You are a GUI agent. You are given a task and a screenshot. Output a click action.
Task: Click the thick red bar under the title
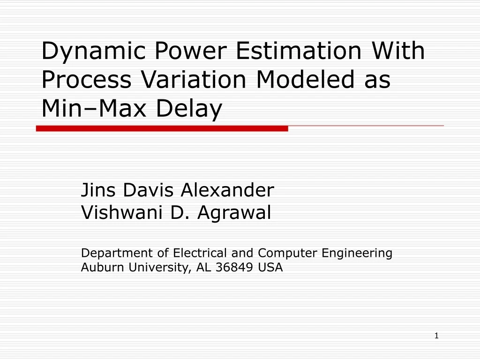[162, 128]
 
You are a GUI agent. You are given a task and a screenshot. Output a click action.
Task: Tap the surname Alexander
[227, 190]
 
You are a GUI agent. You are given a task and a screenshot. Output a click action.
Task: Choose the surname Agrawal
[234, 213]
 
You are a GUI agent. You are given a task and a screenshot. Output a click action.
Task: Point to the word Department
[118, 254]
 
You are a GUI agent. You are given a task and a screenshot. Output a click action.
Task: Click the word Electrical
[201, 253]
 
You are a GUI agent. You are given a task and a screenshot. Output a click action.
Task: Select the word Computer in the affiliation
[288, 254]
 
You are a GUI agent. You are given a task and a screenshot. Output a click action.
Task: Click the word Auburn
[97, 268]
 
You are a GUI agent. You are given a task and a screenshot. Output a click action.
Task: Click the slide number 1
[436, 336]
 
